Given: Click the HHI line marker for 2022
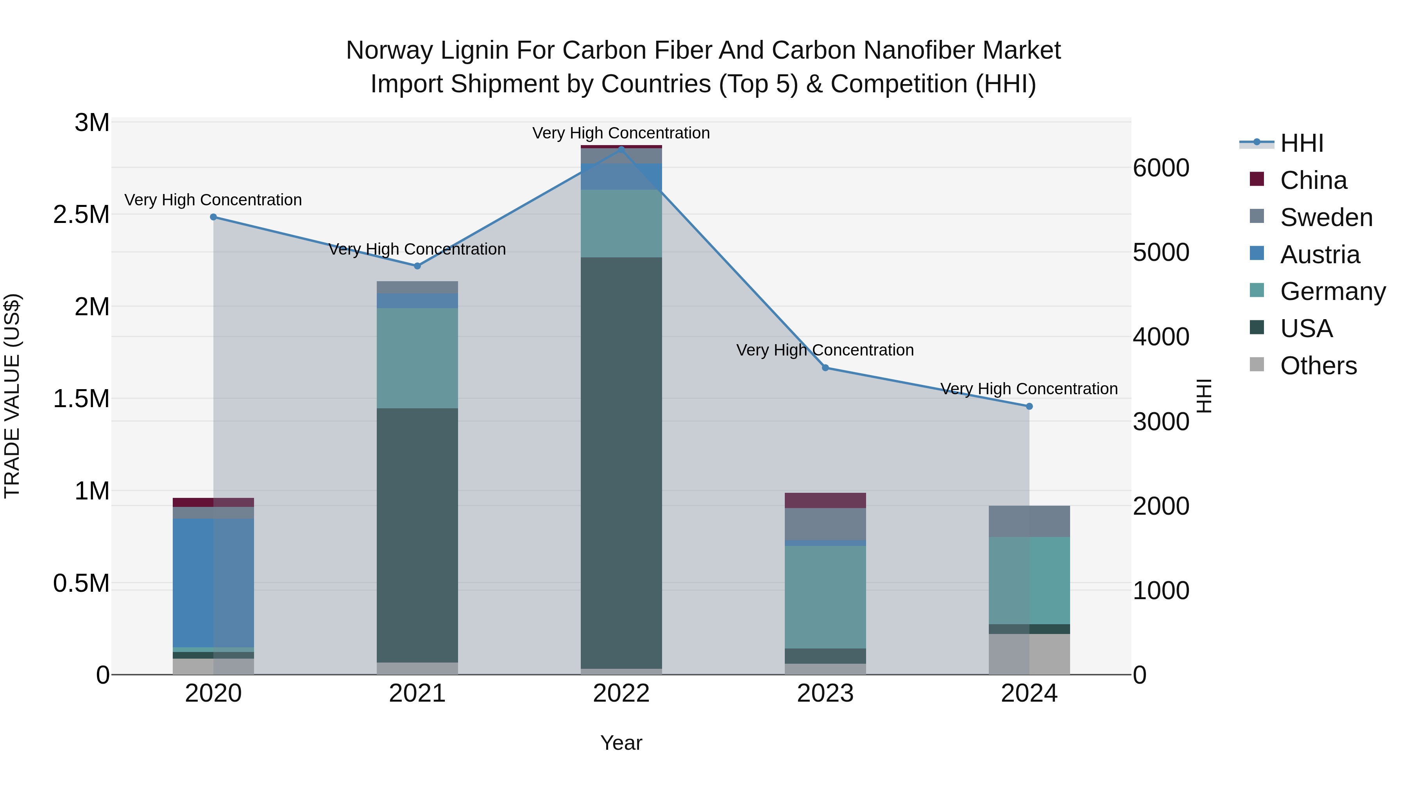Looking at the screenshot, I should [x=621, y=149].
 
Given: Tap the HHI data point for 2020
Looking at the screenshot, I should [x=213, y=217].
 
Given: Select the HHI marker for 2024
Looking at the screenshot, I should [x=1029, y=406].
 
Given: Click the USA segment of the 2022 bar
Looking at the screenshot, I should [x=621, y=462].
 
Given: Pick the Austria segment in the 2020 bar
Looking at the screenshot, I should [x=213, y=582].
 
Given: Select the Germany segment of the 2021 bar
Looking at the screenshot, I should [x=417, y=358].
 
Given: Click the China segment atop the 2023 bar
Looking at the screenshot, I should [x=825, y=500].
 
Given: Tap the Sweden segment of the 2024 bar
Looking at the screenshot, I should [x=1029, y=521].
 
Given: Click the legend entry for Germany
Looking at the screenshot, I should [x=1332, y=291].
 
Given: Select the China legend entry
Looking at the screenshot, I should [x=1313, y=180].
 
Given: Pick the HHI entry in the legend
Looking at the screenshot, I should [x=1301, y=143].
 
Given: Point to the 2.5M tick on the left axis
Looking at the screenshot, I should [x=81, y=215].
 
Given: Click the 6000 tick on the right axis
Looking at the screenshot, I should [x=1161, y=168].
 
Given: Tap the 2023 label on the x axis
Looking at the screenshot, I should [x=825, y=693].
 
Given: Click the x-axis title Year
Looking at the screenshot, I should [x=621, y=743].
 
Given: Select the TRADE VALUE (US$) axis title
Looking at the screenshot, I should [x=12, y=396].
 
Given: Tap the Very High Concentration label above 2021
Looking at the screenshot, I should [x=417, y=249].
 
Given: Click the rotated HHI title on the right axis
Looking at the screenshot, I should [x=1204, y=396].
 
